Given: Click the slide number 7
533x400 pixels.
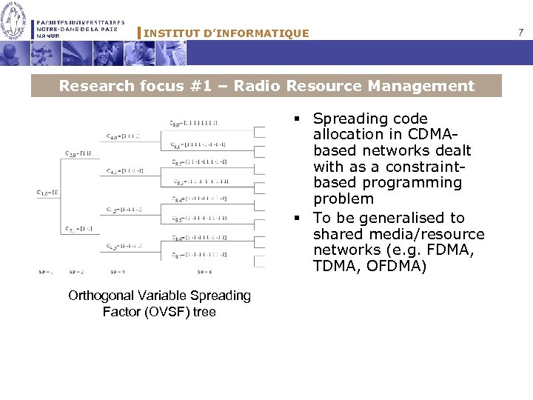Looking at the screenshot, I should tap(521, 33).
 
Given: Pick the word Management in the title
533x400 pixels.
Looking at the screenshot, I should tap(428, 86).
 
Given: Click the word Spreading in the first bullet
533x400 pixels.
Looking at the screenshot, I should tap(350, 119).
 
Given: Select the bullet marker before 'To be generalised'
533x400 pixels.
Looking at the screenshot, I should tap(296, 218).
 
